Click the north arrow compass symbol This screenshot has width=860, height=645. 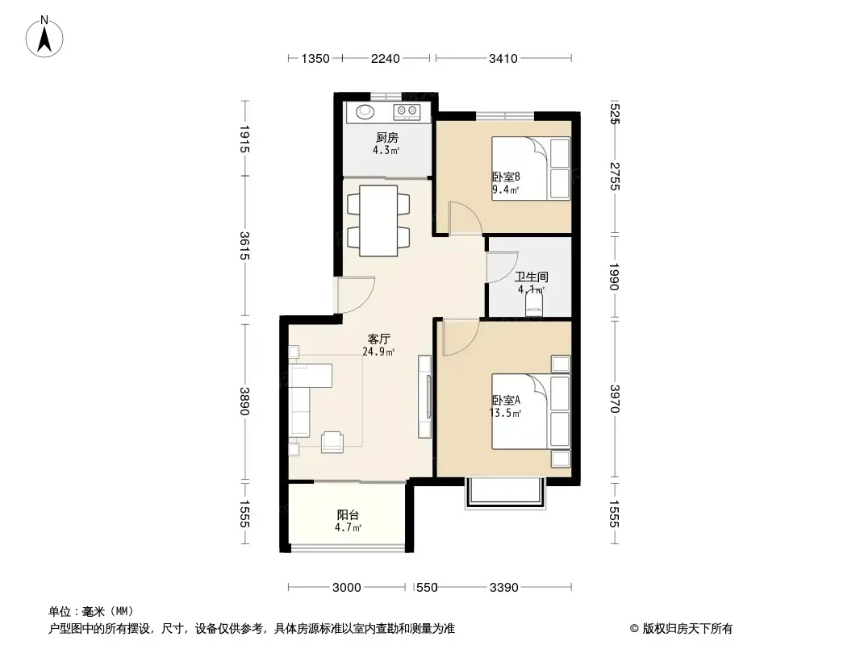44,36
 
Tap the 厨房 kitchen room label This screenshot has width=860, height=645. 386,138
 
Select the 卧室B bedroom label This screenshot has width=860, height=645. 506,177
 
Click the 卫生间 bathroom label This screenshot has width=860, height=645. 532,277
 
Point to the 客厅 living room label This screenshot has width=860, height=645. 378,339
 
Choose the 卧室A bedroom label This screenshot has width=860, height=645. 506,400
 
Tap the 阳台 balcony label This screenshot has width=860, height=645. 348,515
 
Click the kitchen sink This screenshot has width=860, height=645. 365,112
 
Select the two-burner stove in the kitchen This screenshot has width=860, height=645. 407,112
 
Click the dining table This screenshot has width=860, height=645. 378,221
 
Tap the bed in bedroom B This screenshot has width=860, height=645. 531,169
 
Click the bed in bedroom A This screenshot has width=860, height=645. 531,411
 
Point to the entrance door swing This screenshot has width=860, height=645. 356,295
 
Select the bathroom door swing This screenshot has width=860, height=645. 503,268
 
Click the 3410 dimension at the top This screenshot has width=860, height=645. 503,58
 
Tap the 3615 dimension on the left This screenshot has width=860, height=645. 244,246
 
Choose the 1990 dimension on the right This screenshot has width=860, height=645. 614,277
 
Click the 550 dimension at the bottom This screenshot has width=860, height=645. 427,588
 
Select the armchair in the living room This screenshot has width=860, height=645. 332,442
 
